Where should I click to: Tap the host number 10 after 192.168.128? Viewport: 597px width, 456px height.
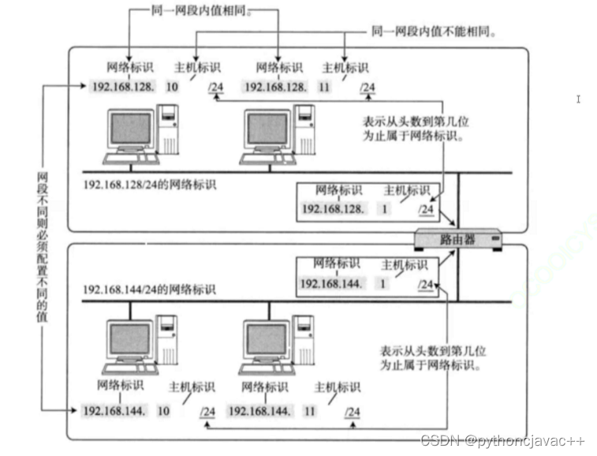pyautogui.click(x=172, y=86)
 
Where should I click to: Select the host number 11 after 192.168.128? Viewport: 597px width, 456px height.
pyautogui.click(x=323, y=86)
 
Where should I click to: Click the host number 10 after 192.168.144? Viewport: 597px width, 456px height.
pyautogui.click(x=164, y=411)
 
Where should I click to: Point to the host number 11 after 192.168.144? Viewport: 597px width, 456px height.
pyautogui.click(x=309, y=411)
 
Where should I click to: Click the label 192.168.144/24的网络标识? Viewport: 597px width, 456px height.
pyautogui.click(x=149, y=290)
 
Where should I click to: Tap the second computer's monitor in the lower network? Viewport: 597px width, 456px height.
pyautogui.click(x=267, y=338)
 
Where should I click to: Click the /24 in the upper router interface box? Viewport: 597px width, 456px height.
pyautogui.click(x=426, y=209)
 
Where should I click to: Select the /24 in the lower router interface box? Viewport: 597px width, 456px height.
pyautogui.click(x=426, y=284)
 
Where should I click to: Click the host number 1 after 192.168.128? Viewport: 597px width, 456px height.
pyautogui.click(x=383, y=209)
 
